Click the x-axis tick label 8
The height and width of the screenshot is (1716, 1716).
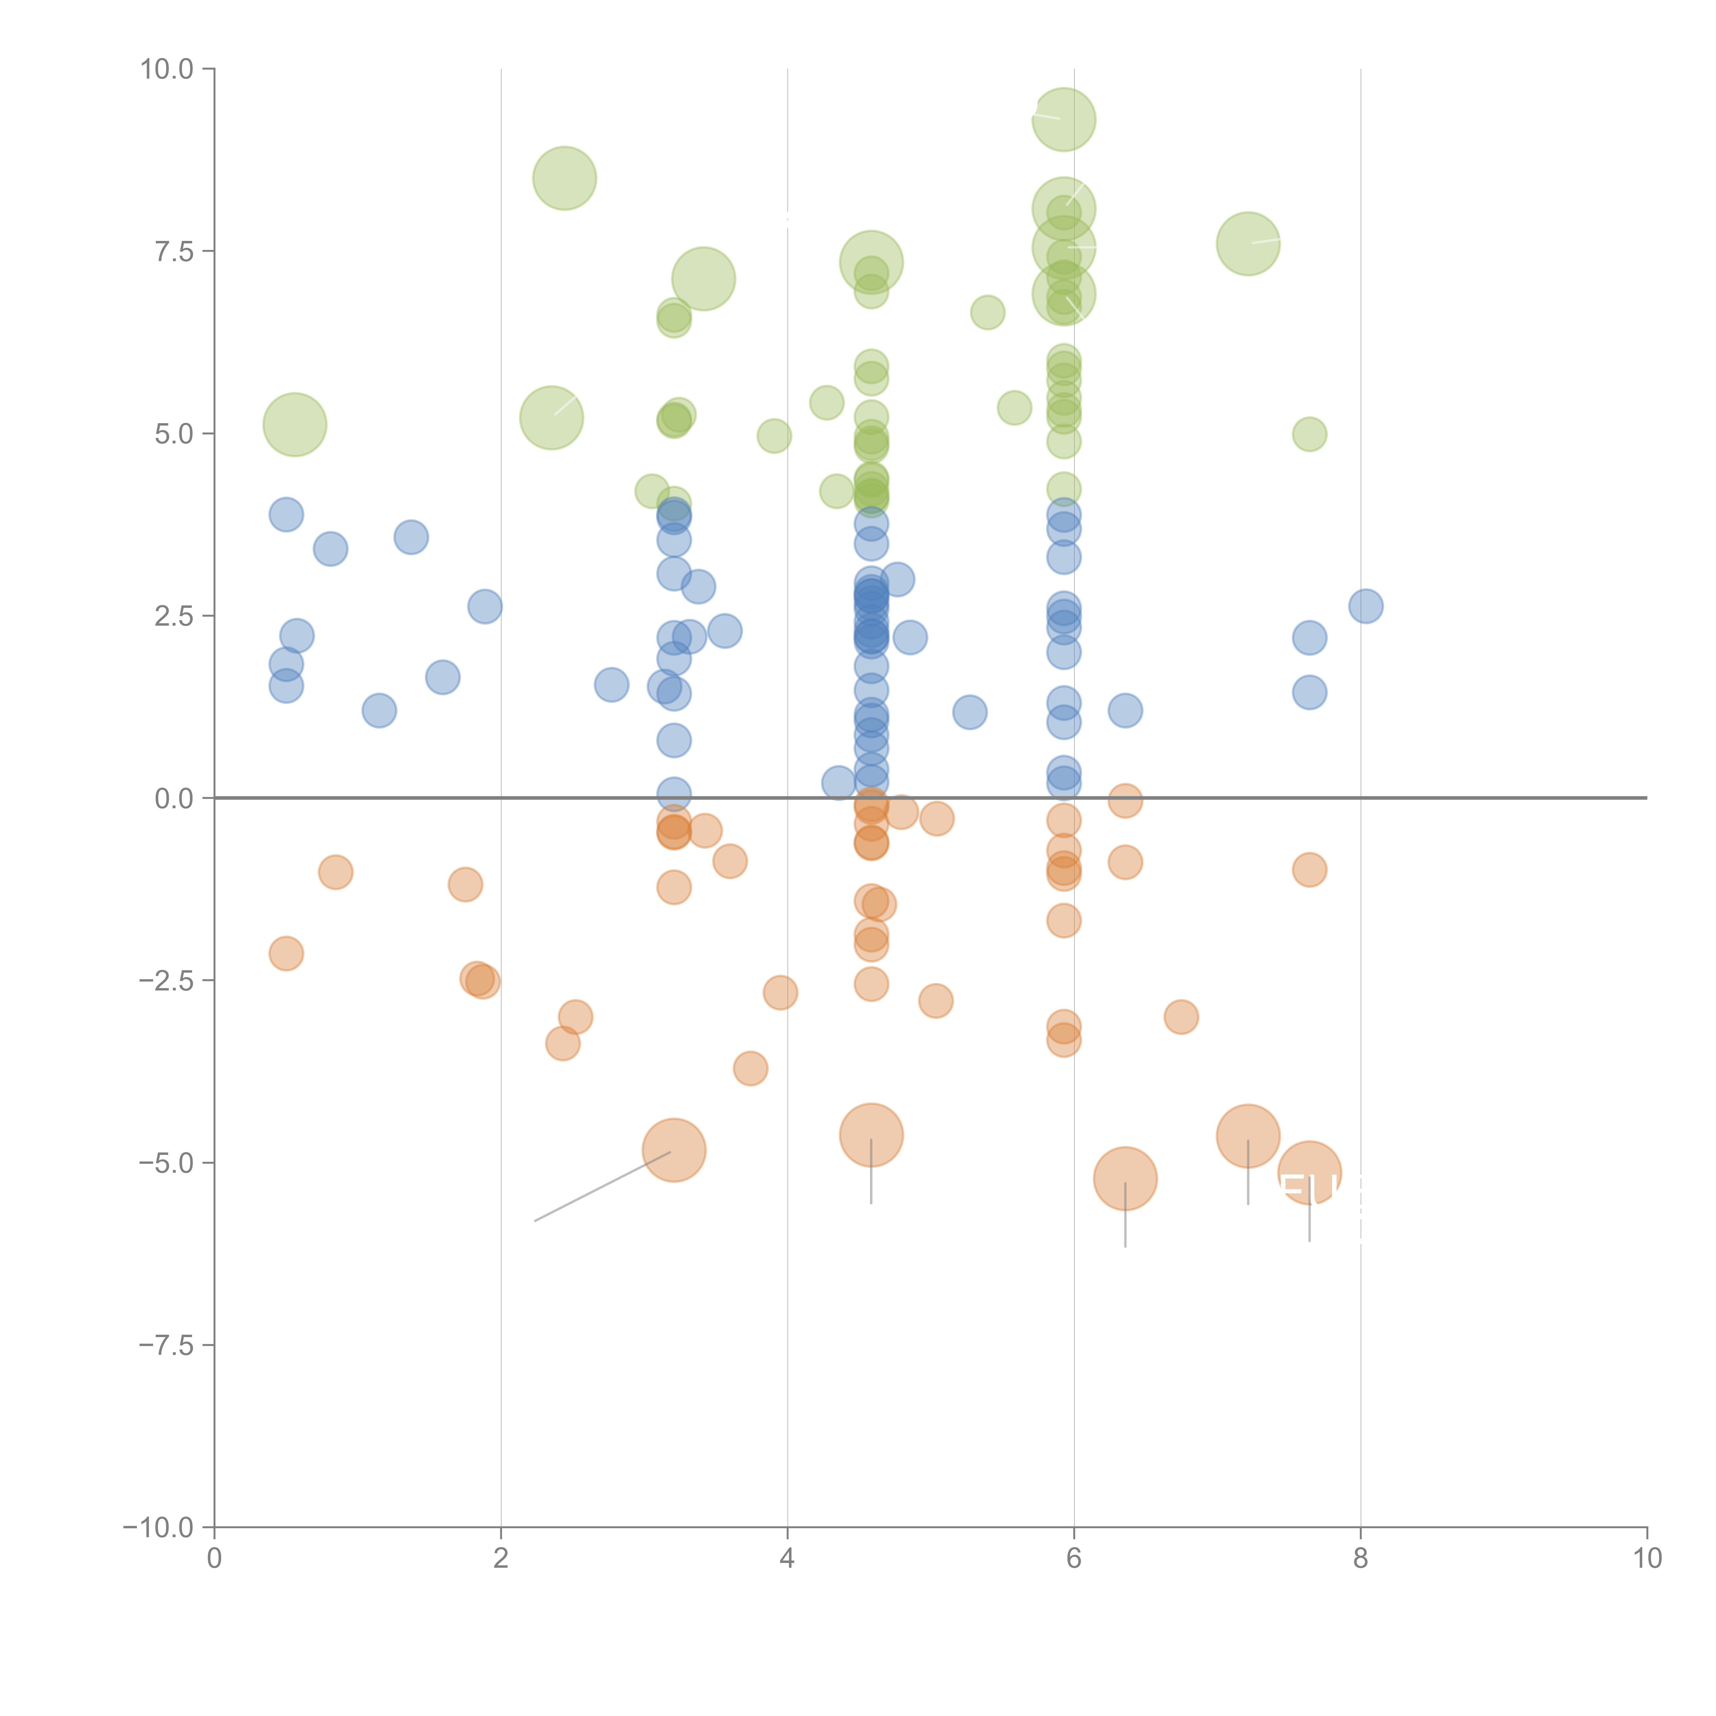click(1361, 1559)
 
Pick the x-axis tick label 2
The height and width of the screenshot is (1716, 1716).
click(501, 1559)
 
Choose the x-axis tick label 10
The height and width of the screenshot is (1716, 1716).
click(1647, 1559)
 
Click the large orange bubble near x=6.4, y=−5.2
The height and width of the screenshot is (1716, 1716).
click(1125, 1179)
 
